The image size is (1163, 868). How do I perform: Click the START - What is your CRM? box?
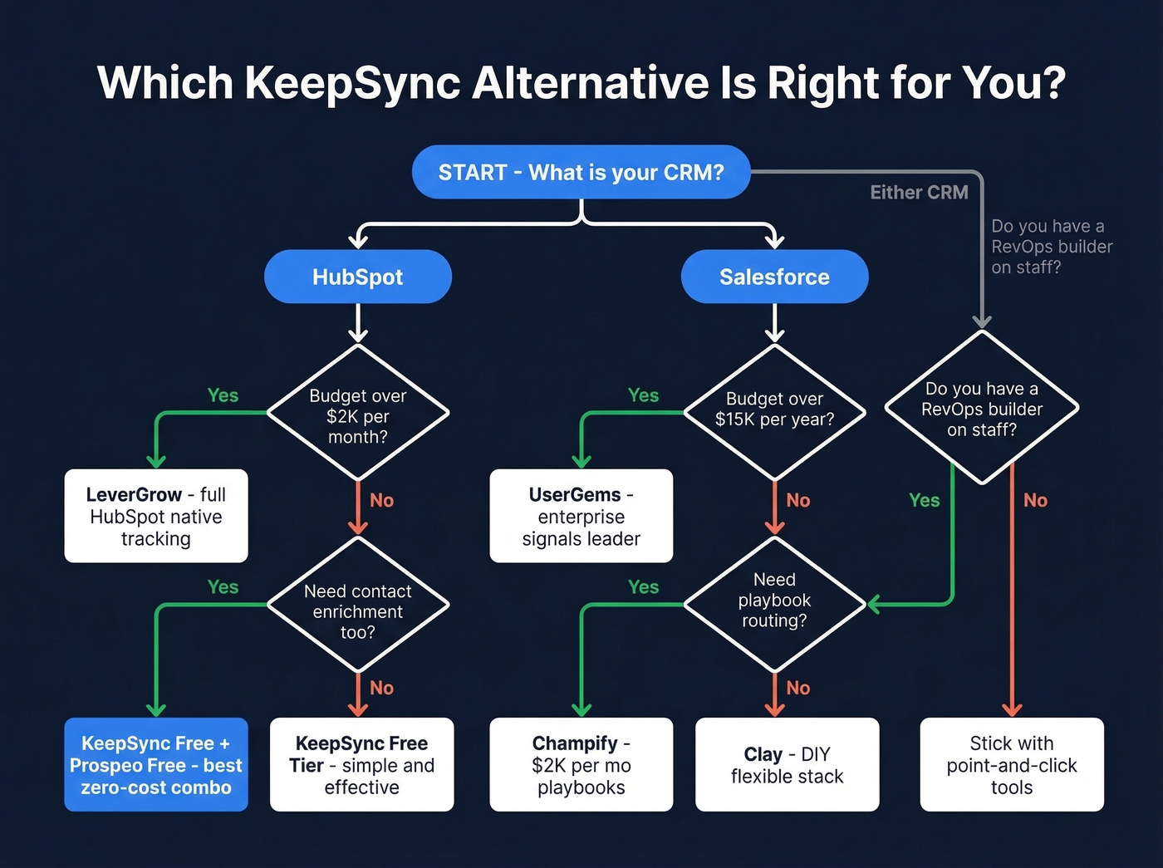point(581,172)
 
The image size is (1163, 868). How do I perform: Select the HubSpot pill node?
point(357,277)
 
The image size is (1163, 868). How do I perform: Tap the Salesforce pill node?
point(774,277)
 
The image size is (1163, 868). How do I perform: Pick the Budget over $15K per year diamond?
point(774,409)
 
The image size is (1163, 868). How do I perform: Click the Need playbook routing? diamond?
point(774,601)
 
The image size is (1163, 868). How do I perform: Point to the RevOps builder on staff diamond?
point(981,409)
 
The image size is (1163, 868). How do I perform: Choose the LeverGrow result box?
point(156,516)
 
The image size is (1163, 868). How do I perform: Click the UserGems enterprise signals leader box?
point(581,516)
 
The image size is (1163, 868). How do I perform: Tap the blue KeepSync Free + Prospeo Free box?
point(156,764)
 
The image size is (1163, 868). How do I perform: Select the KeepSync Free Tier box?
point(361,764)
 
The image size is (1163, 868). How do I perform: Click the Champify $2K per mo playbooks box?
point(581,764)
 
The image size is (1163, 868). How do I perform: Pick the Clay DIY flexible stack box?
point(787,764)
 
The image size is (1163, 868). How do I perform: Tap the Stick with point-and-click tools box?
point(1011,764)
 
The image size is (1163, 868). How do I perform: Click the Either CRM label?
point(919,193)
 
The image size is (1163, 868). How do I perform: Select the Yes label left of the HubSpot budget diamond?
point(223,395)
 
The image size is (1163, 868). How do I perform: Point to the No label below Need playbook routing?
point(797,688)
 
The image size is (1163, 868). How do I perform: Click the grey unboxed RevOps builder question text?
point(1051,247)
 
